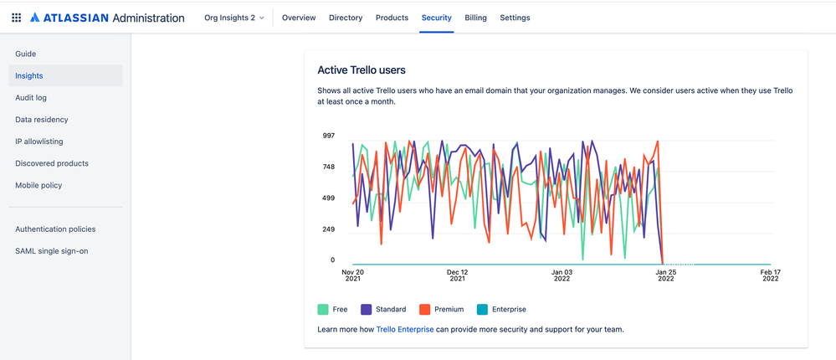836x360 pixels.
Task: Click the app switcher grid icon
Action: pyautogui.click(x=16, y=18)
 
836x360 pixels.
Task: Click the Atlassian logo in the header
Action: pyautogui.click(x=35, y=18)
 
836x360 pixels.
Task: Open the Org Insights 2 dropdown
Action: pyautogui.click(x=234, y=18)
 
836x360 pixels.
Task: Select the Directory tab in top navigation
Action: pyautogui.click(x=346, y=18)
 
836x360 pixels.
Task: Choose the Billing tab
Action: pyautogui.click(x=475, y=18)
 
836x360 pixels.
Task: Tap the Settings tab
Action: pyautogui.click(x=515, y=18)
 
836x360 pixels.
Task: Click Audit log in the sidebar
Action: pyautogui.click(x=31, y=98)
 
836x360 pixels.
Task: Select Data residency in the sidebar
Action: pyautogui.click(x=42, y=120)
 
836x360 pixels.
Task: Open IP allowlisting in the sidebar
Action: pyautogui.click(x=39, y=141)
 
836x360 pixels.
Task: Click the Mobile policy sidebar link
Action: pyautogui.click(x=38, y=185)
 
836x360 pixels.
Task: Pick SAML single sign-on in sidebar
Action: pyautogui.click(x=52, y=250)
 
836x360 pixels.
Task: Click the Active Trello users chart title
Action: pyautogui.click(x=362, y=70)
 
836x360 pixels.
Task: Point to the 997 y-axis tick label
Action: pyautogui.click(x=329, y=136)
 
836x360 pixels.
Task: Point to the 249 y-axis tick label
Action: pyautogui.click(x=329, y=229)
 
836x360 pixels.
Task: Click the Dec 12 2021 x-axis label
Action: pyautogui.click(x=457, y=275)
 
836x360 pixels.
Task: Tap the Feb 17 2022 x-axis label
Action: pyautogui.click(x=770, y=275)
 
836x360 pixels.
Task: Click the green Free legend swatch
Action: pyautogui.click(x=323, y=309)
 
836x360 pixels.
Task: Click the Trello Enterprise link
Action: pyautogui.click(x=405, y=329)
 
